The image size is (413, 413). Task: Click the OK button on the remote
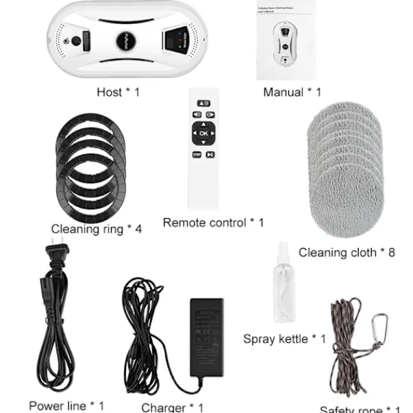[x=203, y=133]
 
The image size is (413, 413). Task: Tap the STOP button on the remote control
[x=196, y=155]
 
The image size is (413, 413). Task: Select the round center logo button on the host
[x=125, y=39]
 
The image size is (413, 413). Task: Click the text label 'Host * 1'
[x=118, y=92]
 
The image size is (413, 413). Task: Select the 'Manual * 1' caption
[x=292, y=92]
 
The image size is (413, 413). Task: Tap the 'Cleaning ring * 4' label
[x=96, y=229]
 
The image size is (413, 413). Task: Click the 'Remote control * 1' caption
[x=213, y=222]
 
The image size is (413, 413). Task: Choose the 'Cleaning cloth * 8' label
[x=346, y=253]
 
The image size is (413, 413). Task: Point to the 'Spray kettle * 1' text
[x=284, y=339]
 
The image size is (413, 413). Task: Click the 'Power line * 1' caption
[x=67, y=405]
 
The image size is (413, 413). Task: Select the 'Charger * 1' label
[x=172, y=407]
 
